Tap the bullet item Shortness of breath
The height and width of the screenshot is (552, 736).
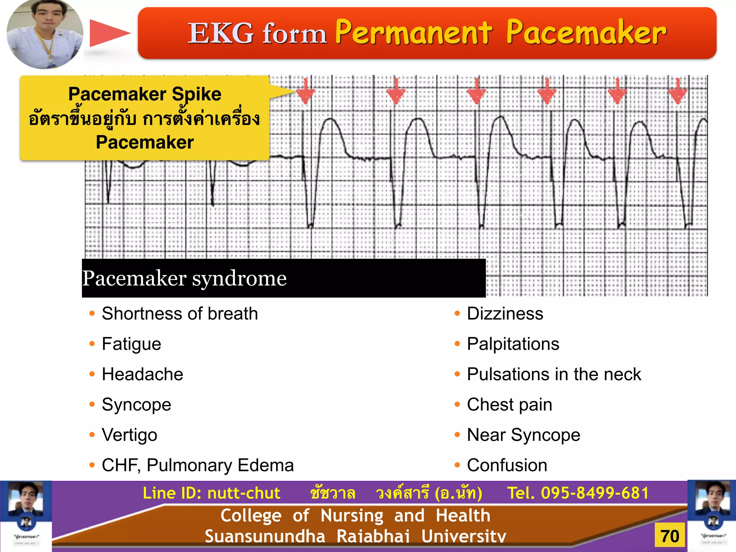[180, 313]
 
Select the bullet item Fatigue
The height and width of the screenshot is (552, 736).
[131, 344]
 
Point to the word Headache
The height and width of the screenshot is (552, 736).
[142, 374]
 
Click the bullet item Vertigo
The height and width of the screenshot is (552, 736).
[129, 435]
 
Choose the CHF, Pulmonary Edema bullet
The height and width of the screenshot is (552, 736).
[198, 465]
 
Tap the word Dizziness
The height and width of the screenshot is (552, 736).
[505, 313]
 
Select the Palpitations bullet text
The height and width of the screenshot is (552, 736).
[513, 344]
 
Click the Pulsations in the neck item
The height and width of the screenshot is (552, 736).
[554, 374]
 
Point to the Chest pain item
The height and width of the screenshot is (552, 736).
[509, 405]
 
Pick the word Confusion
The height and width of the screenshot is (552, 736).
[507, 465]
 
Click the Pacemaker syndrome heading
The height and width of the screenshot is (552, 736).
[184, 278]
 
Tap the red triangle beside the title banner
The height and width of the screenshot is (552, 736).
[108, 33]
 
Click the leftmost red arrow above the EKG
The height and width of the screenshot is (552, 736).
[305, 92]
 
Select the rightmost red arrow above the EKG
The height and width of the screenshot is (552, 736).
[677, 92]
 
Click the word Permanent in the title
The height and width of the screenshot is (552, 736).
[413, 32]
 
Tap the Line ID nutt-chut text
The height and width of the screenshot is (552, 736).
[211, 493]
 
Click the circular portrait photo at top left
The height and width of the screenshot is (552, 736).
[45, 34]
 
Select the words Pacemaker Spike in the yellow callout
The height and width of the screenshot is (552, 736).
[145, 94]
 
